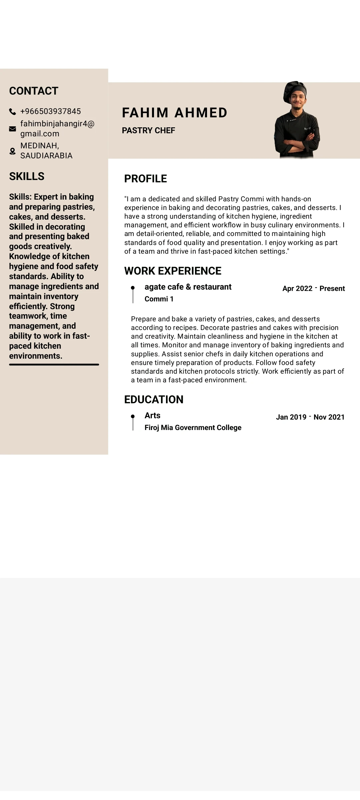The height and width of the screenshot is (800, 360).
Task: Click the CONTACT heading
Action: pyautogui.click(x=34, y=91)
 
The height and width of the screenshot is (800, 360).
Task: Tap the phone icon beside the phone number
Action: pyautogui.click(x=13, y=112)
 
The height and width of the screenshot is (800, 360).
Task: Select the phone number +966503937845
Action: pyautogui.click(x=51, y=111)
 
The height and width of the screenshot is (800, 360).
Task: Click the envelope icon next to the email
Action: pyautogui.click(x=13, y=129)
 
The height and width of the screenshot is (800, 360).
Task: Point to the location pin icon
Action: pyautogui.click(x=13, y=151)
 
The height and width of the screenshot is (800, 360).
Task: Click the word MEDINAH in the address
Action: pyautogui.click(x=39, y=146)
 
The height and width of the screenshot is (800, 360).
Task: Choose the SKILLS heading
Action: pyautogui.click(x=27, y=176)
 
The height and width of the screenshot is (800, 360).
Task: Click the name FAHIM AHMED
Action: pyautogui.click(x=175, y=113)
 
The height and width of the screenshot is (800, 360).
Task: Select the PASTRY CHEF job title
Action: pyautogui.click(x=148, y=131)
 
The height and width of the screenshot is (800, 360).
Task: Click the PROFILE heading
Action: pyautogui.click(x=146, y=179)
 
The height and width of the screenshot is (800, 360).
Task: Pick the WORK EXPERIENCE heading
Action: pyautogui.click(x=173, y=271)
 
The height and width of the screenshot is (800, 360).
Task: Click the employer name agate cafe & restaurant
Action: pyautogui.click(x=188, y=287)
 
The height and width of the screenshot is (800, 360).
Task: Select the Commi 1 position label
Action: pyautogui.click(x=159, y=299)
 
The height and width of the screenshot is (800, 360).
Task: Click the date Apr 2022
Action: pyautogui.click(x=297, y=289)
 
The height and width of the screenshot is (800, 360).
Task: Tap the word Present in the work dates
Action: pyautogui.click(x=332, y=289)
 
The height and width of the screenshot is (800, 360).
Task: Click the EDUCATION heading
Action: pyautogui.click(x=154, y=400)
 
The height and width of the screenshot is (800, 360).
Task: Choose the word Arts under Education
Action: pyautogui.click(x=152, y=416)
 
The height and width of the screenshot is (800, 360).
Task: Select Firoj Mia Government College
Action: pyautogui.click(x=193, y=428)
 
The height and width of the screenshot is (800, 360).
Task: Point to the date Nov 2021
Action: pyautogui.click(x=329, y=417)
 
